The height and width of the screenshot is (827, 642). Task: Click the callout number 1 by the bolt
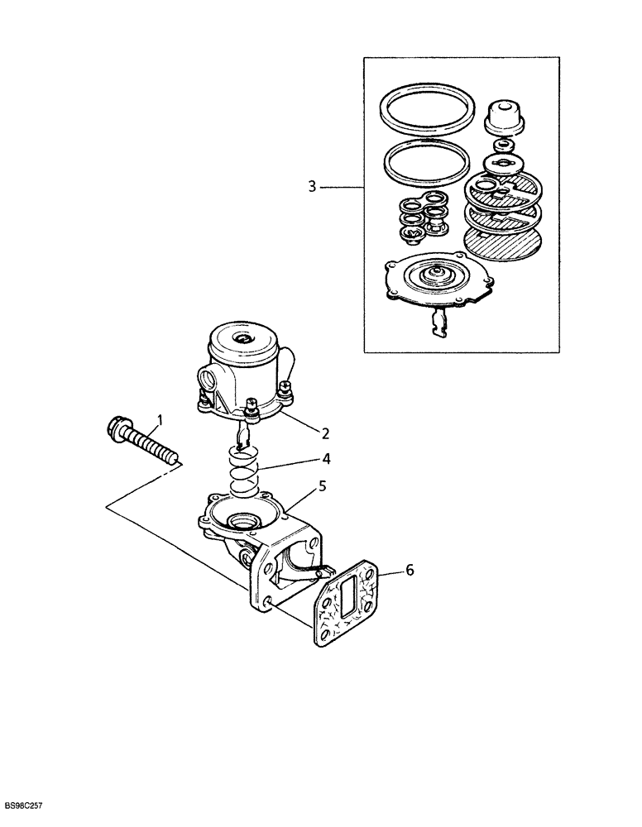(161, 421)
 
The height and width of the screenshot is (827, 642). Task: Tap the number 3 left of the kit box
(312, 187)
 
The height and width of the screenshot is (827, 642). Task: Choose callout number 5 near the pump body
(323, 485)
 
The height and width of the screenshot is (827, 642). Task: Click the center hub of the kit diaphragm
(433, 276)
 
